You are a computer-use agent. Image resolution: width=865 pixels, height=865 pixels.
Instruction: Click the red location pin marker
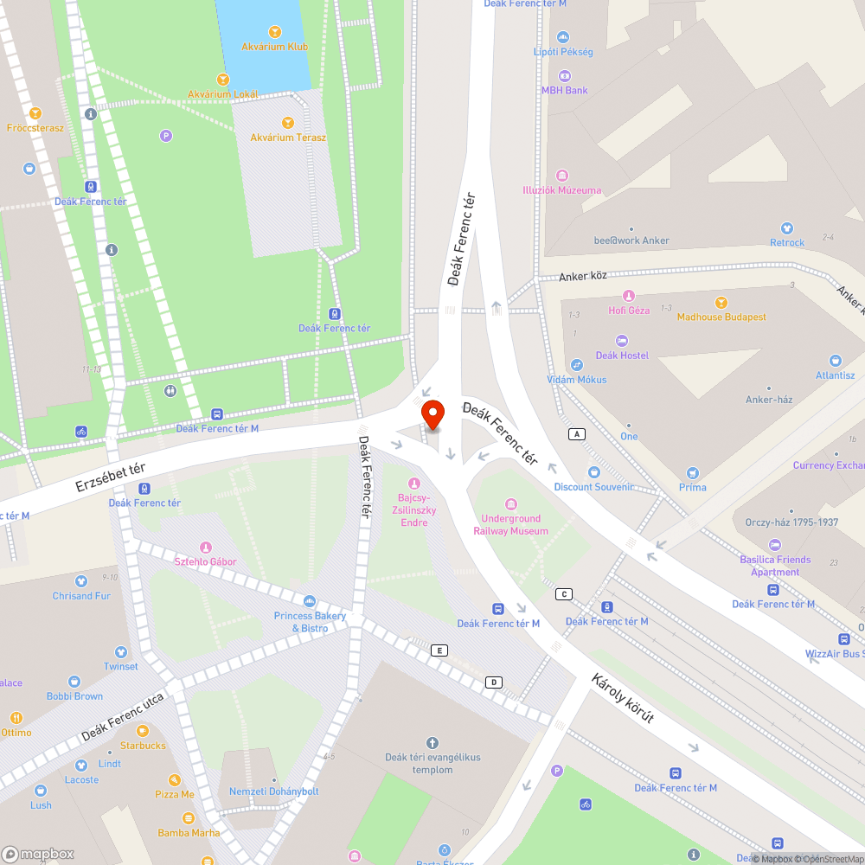pyautogui.click(x=432, y=415)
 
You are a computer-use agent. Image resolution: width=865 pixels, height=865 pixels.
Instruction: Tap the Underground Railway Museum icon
pyautogui.click(x=510, y=504)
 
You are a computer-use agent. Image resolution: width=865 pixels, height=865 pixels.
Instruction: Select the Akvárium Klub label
pyautogui.click(x=273, y=47)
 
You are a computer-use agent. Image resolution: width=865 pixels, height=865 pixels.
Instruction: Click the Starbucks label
pyautogui.click(x=143, y=746)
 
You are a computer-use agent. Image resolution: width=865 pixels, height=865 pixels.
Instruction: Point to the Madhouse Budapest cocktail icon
pyautogui.click(x=721, y=303)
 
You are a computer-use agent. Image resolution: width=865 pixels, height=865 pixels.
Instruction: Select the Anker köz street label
pyautogui.click(x=583, y=276)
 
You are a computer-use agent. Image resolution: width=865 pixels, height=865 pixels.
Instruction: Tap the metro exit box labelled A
pyautogui.click(x=576, y=433)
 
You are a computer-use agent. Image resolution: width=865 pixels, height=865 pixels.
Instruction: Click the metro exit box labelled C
pyautogui.click(x=565, y=593)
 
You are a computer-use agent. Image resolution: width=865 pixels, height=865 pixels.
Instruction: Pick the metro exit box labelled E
pyautogui.click(x=439, y=650)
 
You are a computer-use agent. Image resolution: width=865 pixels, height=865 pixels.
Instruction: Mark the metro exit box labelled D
pyautogui.click(x=494, y=682)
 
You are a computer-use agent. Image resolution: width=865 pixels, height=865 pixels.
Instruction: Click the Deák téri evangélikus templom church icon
pyautogui.click(x=432, y=743)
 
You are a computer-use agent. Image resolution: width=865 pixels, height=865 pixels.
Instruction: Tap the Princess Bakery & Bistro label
pyautogui.click(x=310, y=622)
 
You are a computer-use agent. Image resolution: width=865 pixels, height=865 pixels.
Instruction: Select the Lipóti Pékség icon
pyautogui.click(x=564, y=37)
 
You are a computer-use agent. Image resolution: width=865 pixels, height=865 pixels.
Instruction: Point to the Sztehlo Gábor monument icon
pyautogui.click(x=206, y=548)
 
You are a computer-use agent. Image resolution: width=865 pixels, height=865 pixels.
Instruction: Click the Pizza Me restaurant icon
pyautogui.click(x=174, y=780)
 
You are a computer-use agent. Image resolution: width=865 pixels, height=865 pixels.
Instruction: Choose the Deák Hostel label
pyautogui.click(x=622, y=356)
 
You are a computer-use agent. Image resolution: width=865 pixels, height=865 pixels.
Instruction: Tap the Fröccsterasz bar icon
pyautogui.click(x=35, y=113)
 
